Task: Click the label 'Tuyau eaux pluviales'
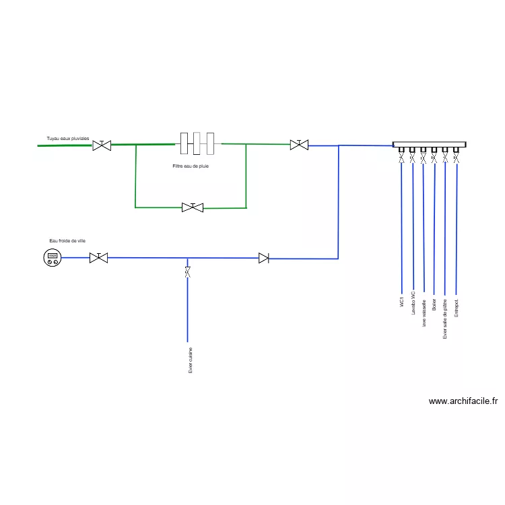(67, 138)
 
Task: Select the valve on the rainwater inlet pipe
(102, 145)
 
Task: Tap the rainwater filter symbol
(197, 143)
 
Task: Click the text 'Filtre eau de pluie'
(191, 166)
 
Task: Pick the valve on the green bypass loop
(193, 207)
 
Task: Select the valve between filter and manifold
(299, 144)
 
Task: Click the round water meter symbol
(52, 257)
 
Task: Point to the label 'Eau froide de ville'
(67, 240)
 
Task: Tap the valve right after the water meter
(98, 257)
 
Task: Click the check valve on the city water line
(264, 258)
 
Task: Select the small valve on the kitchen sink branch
(187, 272)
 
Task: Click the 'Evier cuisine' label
(191, 360)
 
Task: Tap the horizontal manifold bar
(430, 145)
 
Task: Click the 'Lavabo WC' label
(413, 306)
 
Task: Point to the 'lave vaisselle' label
(424, 313)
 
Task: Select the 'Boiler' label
(434, 304)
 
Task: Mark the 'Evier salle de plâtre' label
(445, 318)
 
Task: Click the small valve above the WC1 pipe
(402, 158)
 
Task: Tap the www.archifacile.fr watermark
(463, 401)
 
